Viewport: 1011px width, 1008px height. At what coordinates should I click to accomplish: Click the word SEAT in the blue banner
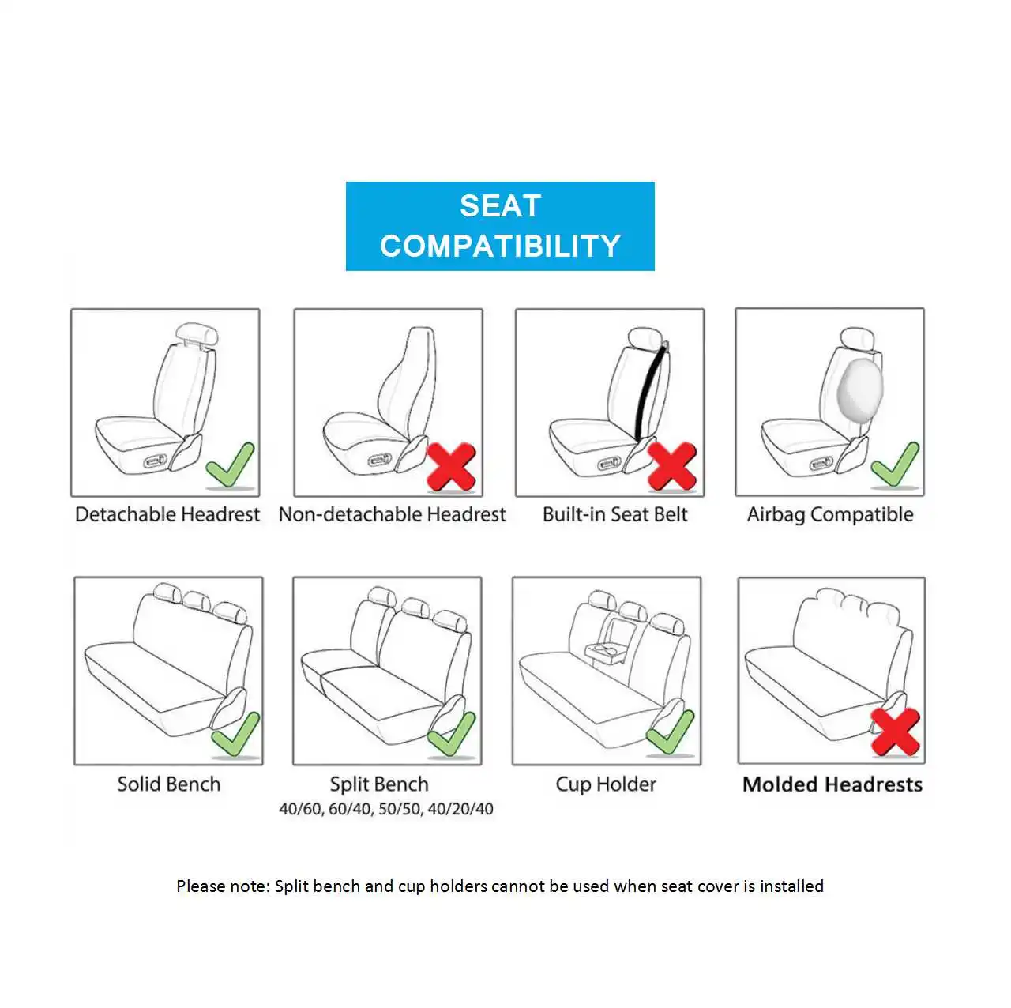tap(500, 205)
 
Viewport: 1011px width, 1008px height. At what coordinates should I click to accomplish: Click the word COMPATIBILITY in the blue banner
tap(500, 246)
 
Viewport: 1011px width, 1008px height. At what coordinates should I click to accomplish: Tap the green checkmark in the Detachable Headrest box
tap(230, 465)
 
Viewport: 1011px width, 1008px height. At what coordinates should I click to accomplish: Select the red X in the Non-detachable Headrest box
tap(451, 467)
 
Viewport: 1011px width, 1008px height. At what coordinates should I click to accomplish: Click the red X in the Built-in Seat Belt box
tap(672, 466)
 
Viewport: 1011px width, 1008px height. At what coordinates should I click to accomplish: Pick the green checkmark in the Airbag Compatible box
tap(895, 465)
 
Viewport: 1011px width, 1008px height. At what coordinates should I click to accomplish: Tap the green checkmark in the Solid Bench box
tap(235, 734)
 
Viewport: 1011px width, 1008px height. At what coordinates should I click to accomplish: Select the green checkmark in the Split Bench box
tap(452, 734)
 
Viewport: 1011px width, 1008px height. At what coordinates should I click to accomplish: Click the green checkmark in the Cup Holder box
tap(670, 732)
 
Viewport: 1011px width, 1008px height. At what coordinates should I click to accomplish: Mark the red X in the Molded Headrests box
tap(895, 732)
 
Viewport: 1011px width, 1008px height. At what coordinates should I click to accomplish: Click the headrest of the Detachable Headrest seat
tap(197, 333)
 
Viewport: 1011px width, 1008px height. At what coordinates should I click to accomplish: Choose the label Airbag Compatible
tap(830, 515)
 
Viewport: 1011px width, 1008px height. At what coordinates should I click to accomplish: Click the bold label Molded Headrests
tap(832, 784)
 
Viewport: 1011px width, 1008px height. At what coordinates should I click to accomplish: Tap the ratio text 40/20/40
tap(460, 809)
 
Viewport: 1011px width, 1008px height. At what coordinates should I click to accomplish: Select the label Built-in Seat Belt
tap(614, 514)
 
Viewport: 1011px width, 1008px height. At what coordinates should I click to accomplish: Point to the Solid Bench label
tap(168, 784)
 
